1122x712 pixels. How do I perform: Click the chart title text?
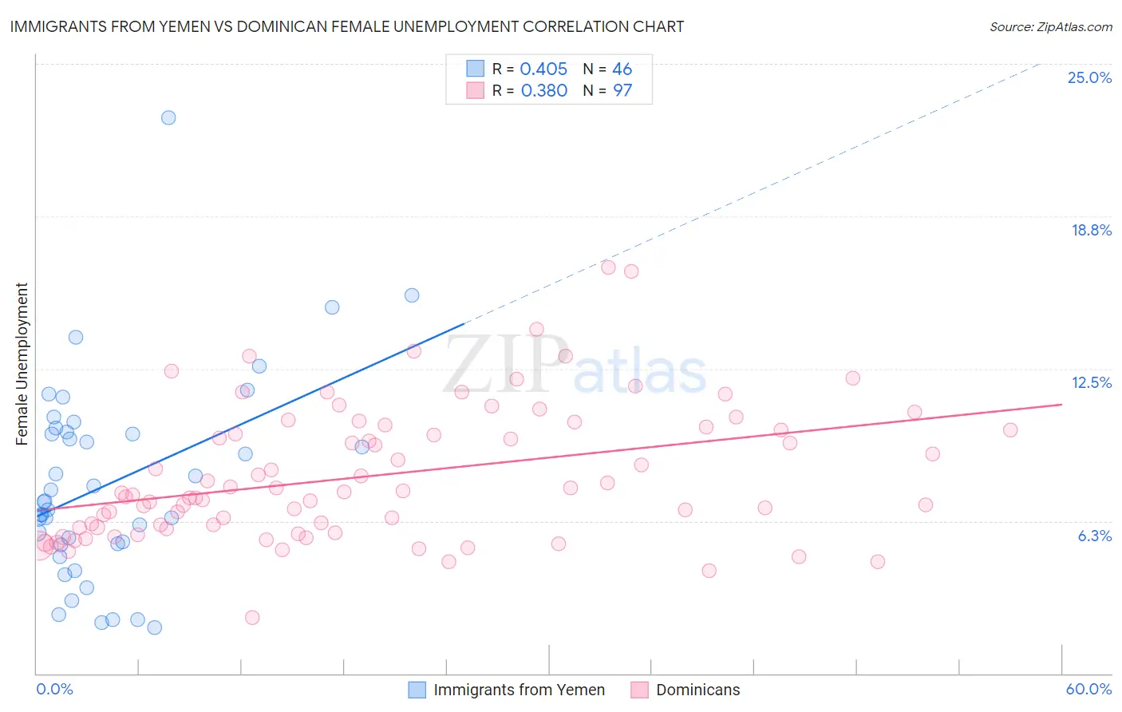[x=346, y=26]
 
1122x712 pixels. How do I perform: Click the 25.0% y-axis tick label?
[x=1089, y=77]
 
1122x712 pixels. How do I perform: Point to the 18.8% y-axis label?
[x=1091, y=230]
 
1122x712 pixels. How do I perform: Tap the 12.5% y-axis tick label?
[x=1091, y=382]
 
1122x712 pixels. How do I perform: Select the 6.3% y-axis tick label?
[x=1094, y=536]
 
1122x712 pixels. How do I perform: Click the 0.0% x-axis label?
[x=54, y=689]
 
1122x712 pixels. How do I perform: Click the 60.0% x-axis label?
[x=1088, y=689]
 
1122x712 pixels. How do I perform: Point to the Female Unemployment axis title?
[x=22, y=363]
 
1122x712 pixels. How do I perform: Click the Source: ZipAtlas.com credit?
[x=1050, y=27]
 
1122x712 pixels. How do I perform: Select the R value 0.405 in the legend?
[x=543, y=69]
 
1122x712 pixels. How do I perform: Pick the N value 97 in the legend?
[x=622, y=91]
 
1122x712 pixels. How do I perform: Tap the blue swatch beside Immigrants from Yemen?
[x=417, y=690]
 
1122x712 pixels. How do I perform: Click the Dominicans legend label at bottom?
[x=697, y=690]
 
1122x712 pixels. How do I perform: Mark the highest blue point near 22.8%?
[x=168, y=117]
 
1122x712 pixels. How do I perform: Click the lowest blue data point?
[x=155, y=627]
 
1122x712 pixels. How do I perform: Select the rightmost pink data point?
[x=1010, y=430]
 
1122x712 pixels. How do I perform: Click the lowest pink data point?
[x=252, y=617]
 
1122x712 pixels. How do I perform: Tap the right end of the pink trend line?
[x=1061, y=405]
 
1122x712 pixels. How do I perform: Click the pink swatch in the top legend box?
[x=476, y=91]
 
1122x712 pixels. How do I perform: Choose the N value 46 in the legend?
[x=622, y=69]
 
